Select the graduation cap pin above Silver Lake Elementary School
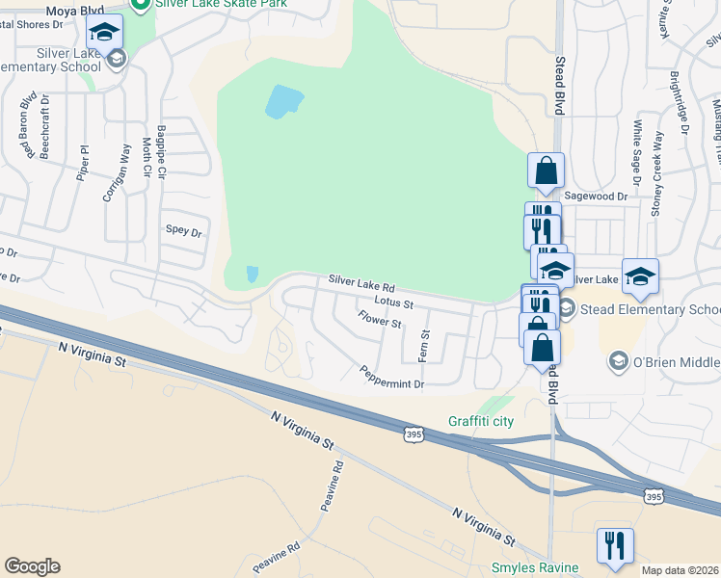pos(104,33)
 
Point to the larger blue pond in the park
pos(283,101)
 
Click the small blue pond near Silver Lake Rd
pos(252,274)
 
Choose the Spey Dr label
pos(183,231)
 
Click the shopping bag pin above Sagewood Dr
pos(546,171)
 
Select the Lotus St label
pos(394,303)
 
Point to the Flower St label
pos(379,319)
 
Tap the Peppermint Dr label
pos(391,378)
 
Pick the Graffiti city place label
pos(481,421)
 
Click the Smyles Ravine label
pos(534,567)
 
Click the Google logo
pos(32,566)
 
